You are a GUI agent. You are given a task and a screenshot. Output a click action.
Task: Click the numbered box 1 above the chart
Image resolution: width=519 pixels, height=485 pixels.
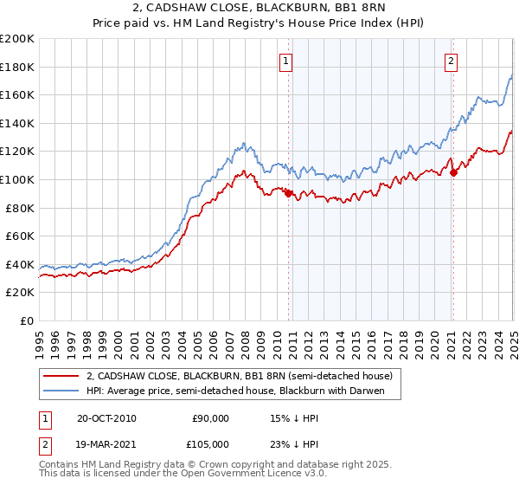285,61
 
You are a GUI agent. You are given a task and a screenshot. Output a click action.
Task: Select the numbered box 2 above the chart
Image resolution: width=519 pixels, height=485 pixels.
452,61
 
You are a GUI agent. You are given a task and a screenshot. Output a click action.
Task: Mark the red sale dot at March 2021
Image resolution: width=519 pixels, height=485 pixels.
453,172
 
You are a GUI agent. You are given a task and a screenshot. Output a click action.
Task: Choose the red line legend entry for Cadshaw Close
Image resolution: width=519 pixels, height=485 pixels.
240,376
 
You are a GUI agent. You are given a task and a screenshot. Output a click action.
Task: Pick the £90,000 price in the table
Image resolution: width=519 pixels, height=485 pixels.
209,418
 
